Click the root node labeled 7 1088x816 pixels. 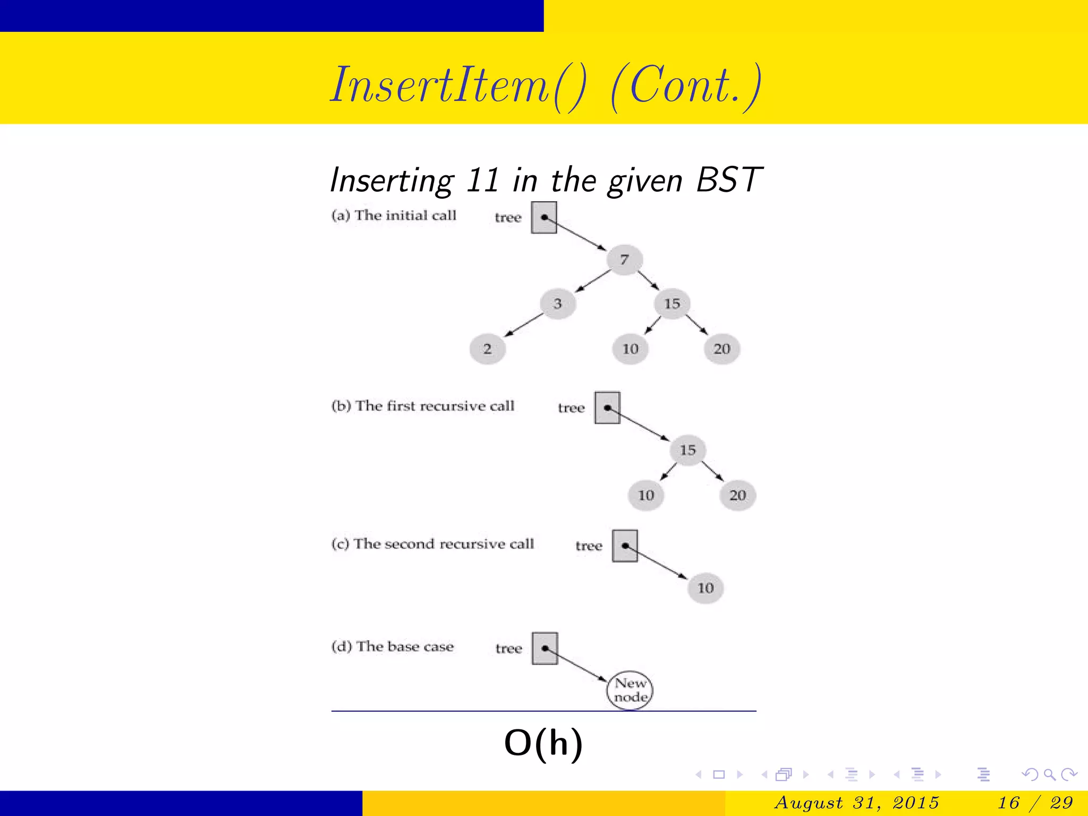624,259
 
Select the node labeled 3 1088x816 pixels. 557,304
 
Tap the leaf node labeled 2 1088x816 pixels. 487,349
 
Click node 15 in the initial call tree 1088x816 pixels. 672,304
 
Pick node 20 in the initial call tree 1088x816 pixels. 721,349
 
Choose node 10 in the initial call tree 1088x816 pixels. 630,349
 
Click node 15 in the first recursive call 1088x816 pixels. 687,450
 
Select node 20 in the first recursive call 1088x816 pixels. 737,496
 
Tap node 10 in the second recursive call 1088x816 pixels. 705,588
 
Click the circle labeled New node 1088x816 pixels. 630,690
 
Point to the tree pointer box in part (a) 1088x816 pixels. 544,217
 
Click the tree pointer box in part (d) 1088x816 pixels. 545,648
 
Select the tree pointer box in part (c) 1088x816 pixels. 625,546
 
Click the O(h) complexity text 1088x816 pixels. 543,743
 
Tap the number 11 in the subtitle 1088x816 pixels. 482,180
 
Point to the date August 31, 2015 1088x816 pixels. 856,802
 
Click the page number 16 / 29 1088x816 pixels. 1035,802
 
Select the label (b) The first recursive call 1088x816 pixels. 423,406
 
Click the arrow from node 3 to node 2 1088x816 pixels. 524,325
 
